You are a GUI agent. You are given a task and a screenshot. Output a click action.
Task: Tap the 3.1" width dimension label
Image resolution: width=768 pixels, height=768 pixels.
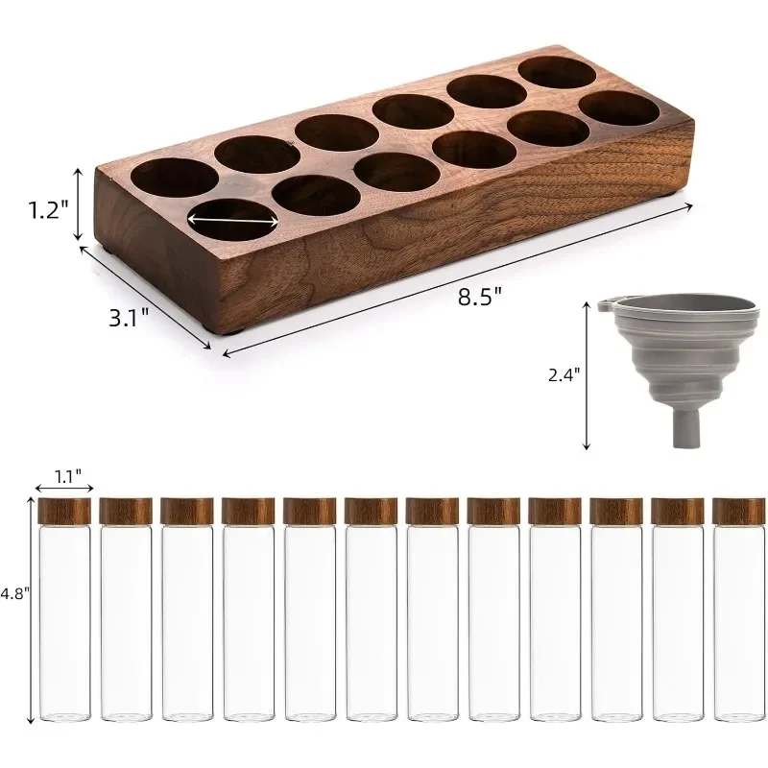point(128,317)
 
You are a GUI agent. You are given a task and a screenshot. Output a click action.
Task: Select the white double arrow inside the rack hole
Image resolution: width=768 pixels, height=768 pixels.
point(233,220)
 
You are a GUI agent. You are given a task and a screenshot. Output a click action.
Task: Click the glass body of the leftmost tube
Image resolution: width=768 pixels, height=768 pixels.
point(64,624)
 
